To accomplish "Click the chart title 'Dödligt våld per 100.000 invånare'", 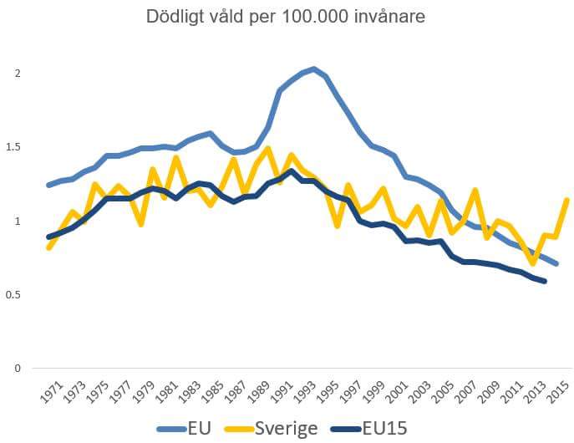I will coord(287,17).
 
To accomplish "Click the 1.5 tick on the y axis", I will coord(13,148).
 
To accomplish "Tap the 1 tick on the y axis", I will coord(18,221).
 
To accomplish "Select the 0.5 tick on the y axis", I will coord(13,295).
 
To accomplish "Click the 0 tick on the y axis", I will coord(18,369).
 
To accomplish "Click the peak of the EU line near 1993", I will coord(313,69).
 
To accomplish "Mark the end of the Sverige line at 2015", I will coord(567,200).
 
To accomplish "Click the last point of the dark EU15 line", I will coord(545,281).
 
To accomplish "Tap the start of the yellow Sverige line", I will coord(48,247).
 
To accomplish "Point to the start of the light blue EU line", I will coord(48,185).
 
